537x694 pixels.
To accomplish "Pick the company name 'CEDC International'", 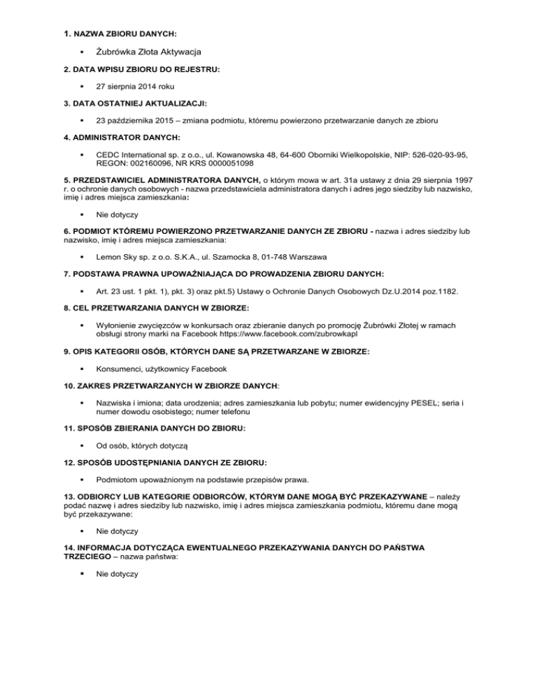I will [136, 156].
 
